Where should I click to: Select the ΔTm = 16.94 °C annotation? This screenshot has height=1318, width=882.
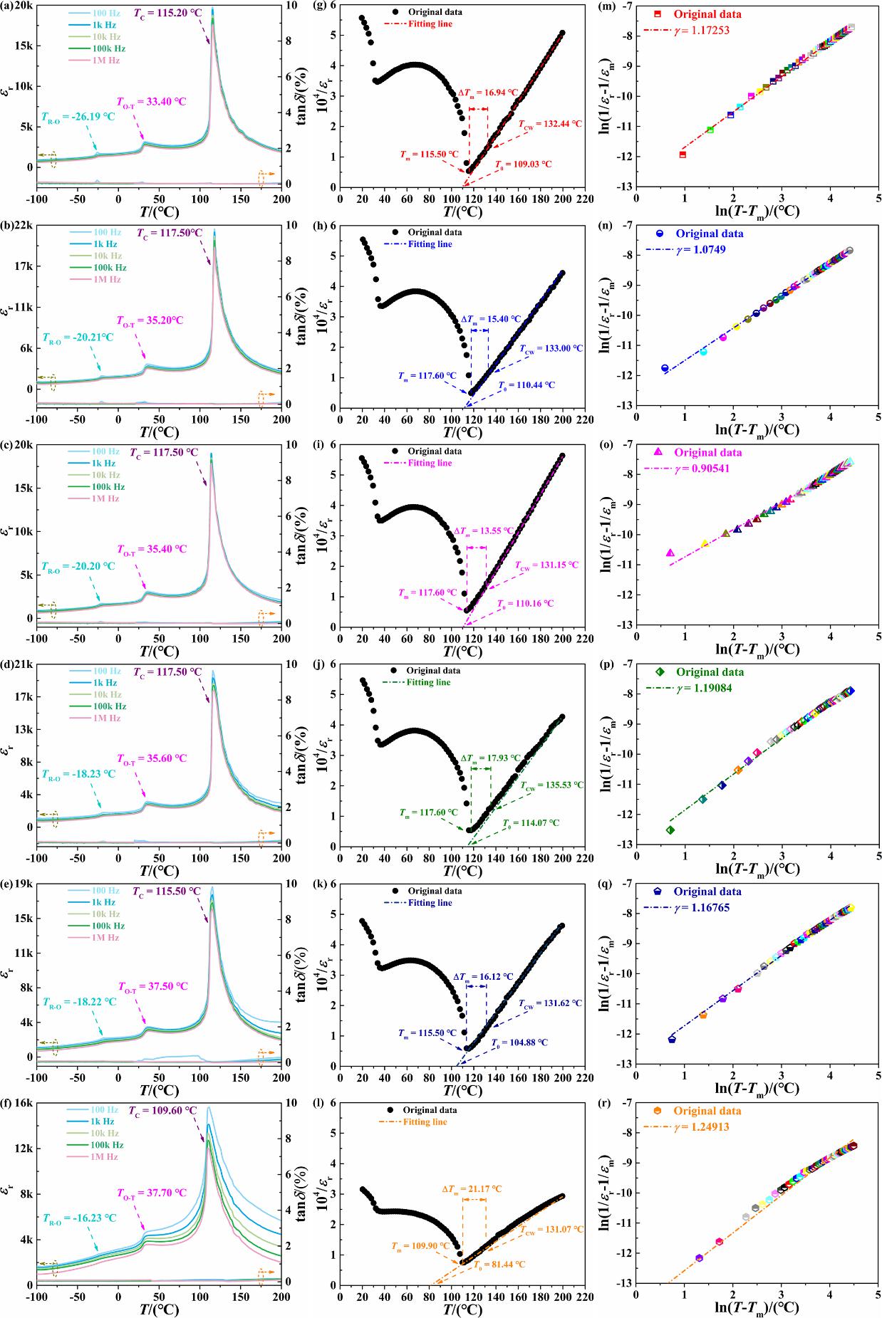click(492, 93)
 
